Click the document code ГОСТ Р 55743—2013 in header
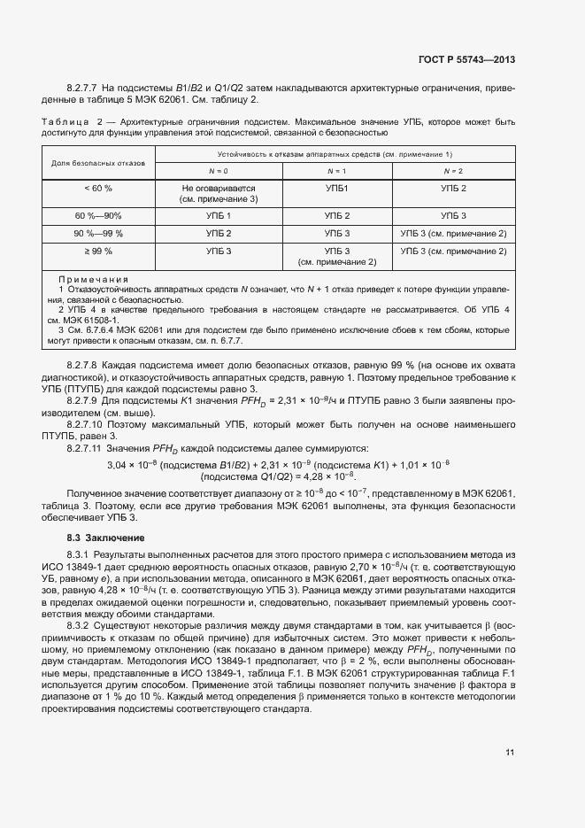pyautogui.click(x=466, y=59)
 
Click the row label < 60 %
pyautogui.click(x=98, y=189)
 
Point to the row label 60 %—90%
pyautogui.click(x=98, y=216)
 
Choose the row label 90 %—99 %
pyautogui.click(x=98, y=234)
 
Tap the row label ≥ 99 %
pyautogui.click(x=98, y=251)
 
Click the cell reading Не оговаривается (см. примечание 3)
pyautogui.click(x=218, y=194)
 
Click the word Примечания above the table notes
pyautogui.click(x=93, y=279)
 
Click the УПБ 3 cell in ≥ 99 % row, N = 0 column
pyautogui.click(x=218, y=251)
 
